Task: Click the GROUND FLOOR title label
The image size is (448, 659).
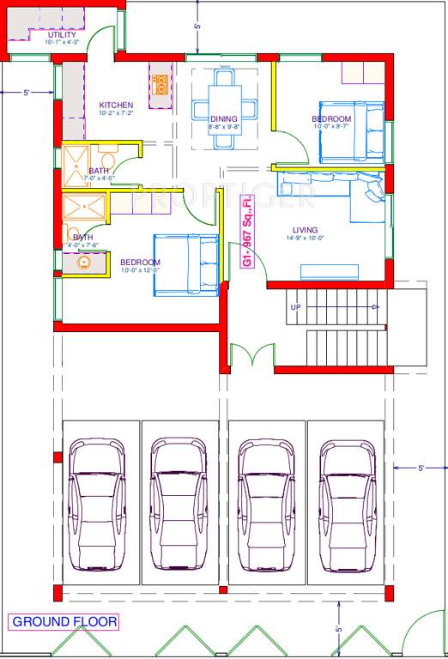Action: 64,621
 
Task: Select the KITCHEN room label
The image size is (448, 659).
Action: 116,106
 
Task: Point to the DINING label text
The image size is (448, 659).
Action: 225,120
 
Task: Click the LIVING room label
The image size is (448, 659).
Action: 305,230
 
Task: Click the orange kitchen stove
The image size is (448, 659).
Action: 160,84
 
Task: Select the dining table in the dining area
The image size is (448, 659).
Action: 225,96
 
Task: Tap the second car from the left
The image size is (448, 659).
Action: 180,505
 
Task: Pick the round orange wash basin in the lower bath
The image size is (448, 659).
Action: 85,263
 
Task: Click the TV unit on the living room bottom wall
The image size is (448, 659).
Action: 330,271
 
